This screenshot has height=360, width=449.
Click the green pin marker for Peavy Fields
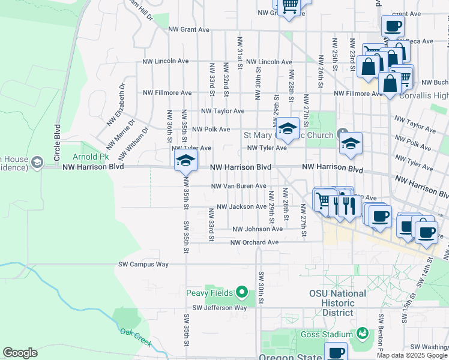tap(242, 293)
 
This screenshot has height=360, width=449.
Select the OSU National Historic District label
tap(337, 303)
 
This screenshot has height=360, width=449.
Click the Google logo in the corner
tap(20, 353)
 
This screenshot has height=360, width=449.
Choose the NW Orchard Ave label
tap(255, 242)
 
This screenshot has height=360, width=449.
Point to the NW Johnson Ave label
tap(258, 229)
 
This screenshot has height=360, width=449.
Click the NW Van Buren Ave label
tap(238, 186)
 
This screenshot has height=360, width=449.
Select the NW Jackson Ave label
tap(241, 206)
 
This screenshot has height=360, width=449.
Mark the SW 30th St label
tap(262, 288)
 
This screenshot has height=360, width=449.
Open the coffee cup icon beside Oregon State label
tap(336, 352)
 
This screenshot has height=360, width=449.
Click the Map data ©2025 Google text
tap(412, 355)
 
